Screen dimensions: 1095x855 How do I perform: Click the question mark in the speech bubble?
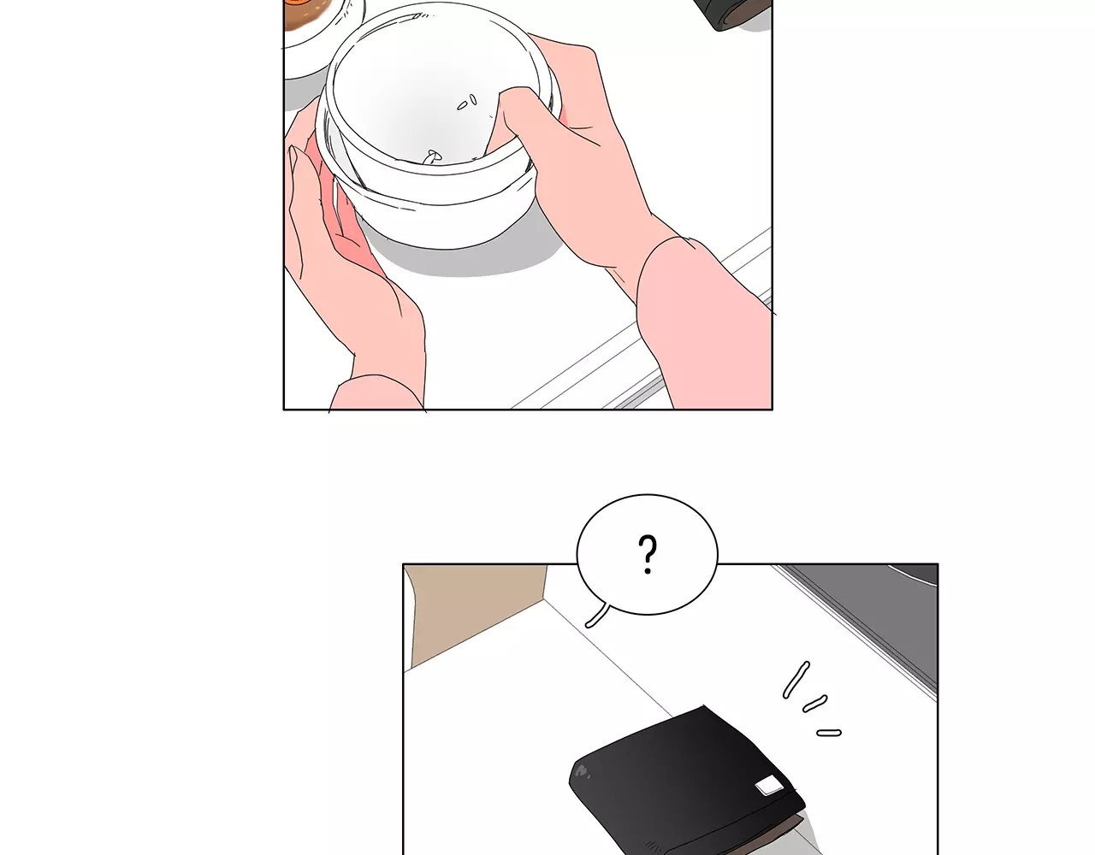(x=647, y=554)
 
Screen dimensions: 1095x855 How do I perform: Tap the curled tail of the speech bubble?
(x=597, y=616)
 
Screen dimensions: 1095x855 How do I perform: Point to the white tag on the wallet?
(x=767, y=785)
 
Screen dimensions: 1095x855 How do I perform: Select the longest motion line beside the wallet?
(x=796, y=679)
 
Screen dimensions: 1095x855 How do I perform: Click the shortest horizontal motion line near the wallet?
(x=829, y=733)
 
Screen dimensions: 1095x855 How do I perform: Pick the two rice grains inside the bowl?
(x=466, y=103)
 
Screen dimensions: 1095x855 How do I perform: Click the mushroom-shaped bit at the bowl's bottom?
(x=433, y=156)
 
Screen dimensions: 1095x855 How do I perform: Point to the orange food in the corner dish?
(x=308, y=13)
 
